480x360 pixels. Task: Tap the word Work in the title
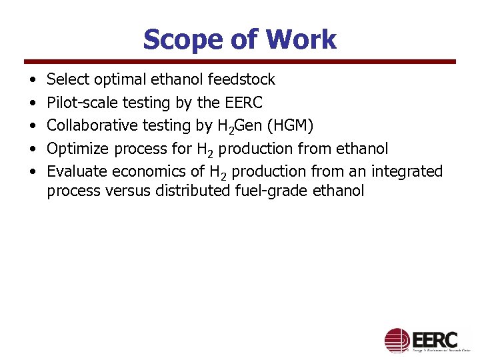(301, 40)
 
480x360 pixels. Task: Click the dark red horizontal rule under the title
(240, 62)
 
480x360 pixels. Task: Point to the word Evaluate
(77, 171)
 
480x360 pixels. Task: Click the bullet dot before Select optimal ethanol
(32, 80)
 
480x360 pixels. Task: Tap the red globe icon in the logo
(397, 340)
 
